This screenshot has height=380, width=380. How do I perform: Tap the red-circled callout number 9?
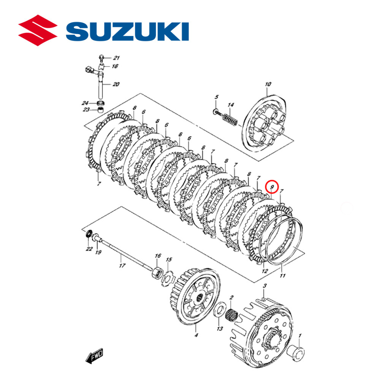(x=272, y=187)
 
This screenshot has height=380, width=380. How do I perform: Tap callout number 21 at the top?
(x=116, y=58)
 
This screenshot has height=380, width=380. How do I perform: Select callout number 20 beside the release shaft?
(x=116, y=84)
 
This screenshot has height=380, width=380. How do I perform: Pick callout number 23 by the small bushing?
(x=86, y=110)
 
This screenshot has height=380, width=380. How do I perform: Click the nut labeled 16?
(x=156, y=272)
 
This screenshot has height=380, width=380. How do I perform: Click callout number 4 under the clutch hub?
(x=196, y=335)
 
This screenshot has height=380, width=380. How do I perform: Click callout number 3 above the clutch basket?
(x=265, y=285)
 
